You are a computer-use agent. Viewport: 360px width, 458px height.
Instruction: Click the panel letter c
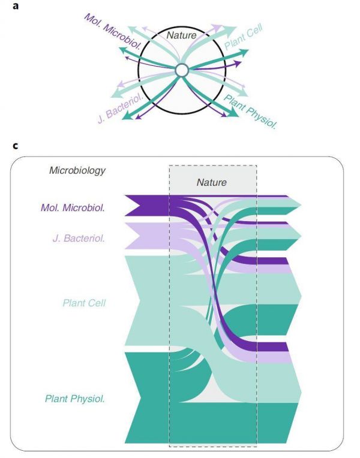click(x=7, y=145)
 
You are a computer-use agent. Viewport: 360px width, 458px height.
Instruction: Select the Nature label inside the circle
click(x=181, y=36)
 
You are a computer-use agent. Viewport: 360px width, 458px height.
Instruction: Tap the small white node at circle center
click(x=181, y=71)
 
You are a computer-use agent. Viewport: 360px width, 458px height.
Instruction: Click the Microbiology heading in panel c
click(x=77, y=170)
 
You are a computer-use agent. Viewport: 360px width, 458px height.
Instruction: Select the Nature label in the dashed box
click(x=213, y=181)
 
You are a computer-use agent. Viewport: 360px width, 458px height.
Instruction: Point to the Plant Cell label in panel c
click(x=84, y=303)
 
